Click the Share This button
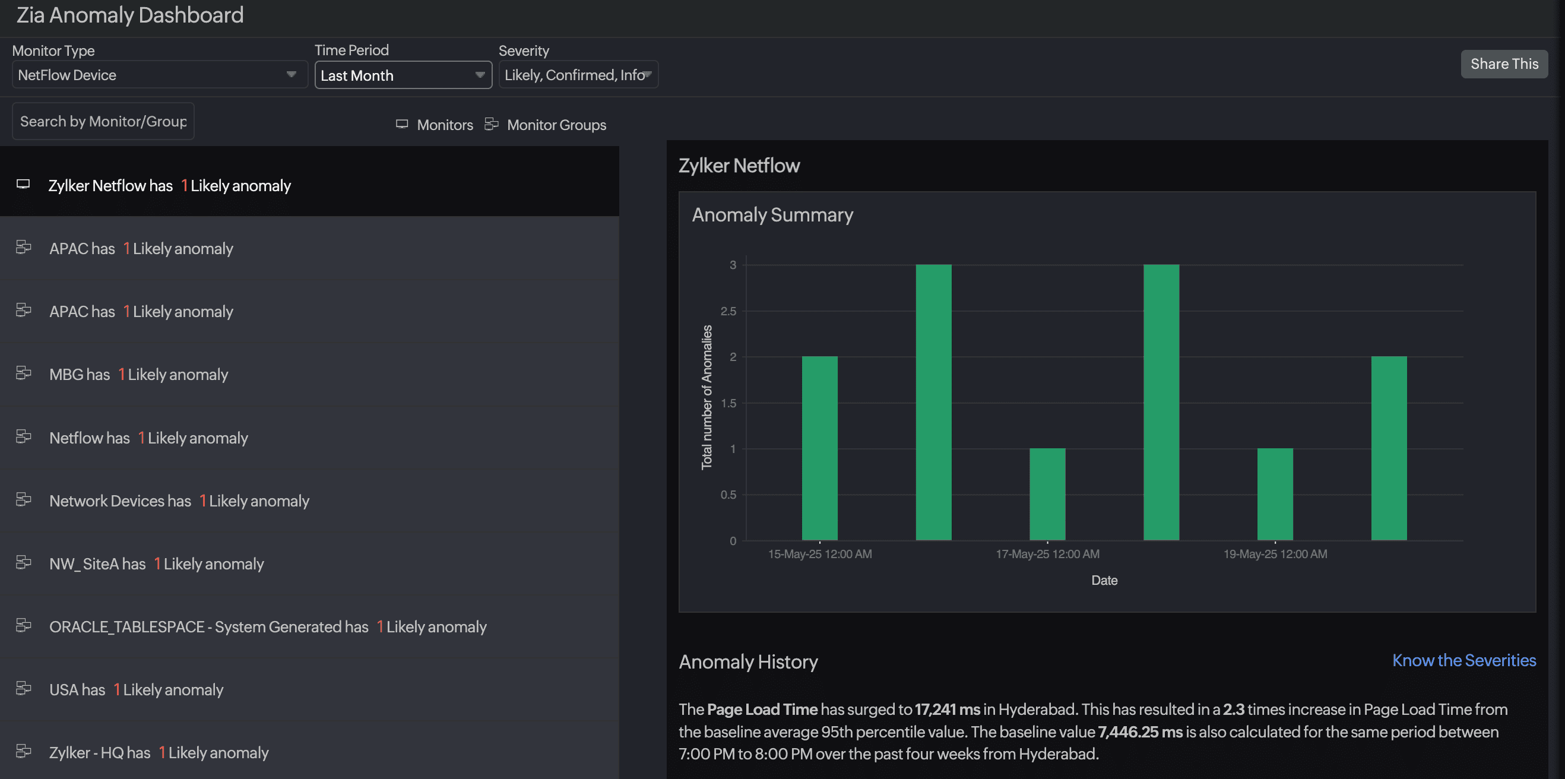tap(1504, 64)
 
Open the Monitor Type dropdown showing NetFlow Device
tap(159, 75)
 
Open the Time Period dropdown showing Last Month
tap(403, 75)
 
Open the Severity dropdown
tap(578, 75)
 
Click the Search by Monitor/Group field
tap(103, 122)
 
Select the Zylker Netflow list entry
tap(169, 185)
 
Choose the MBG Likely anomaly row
tap(138, 374)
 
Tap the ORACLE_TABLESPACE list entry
tap(267, 626)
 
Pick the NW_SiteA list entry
tap(156, 564)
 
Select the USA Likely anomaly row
tap(136, 690)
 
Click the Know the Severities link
tap(1463, 660)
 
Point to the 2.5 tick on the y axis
tap(728, 311)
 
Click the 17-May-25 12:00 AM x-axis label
tap(1047, 553)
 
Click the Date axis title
tap(1104, 580)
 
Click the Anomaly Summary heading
tap(772, 214)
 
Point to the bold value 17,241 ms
tap(947, 709)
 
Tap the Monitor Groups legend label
tap(556, 125)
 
